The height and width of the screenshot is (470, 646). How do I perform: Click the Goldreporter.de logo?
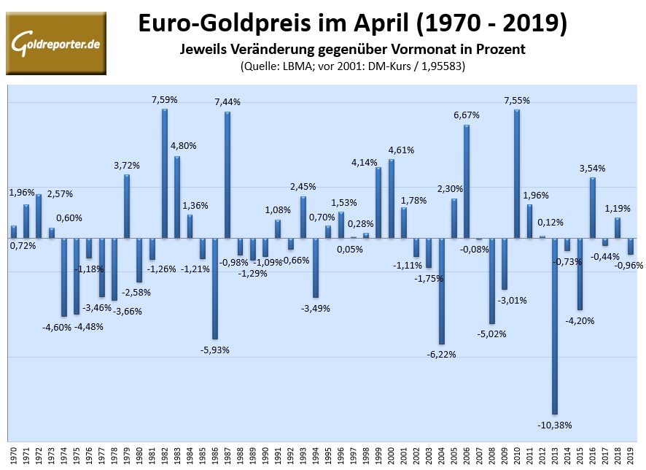56,43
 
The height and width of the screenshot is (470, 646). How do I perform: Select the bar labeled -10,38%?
555,326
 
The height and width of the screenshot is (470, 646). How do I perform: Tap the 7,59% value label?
164,99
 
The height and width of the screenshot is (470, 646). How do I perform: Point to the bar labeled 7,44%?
227,174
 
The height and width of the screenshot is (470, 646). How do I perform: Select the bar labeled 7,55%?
517,174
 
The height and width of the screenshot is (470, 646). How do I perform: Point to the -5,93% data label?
215,350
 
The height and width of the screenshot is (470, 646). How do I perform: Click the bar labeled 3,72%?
127,206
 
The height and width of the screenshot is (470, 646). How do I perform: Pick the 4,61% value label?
401,150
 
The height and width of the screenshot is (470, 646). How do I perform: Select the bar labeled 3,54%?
593,207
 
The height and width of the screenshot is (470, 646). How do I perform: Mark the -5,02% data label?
492,334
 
